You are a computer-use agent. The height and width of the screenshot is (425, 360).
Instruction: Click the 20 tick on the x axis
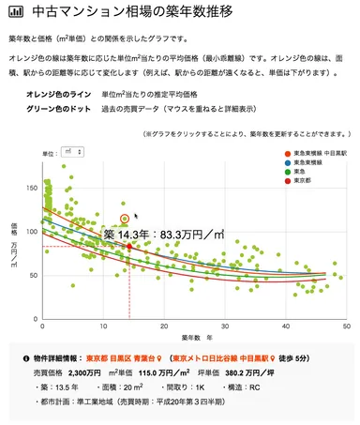[x=164, y=326]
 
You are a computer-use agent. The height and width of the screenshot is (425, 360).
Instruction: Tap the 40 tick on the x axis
[x=286, y=326]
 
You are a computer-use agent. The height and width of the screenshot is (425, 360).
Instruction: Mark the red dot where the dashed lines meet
[x=129, y=246]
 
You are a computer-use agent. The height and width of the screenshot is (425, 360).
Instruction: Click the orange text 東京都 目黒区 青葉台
[x=120, y=358]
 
